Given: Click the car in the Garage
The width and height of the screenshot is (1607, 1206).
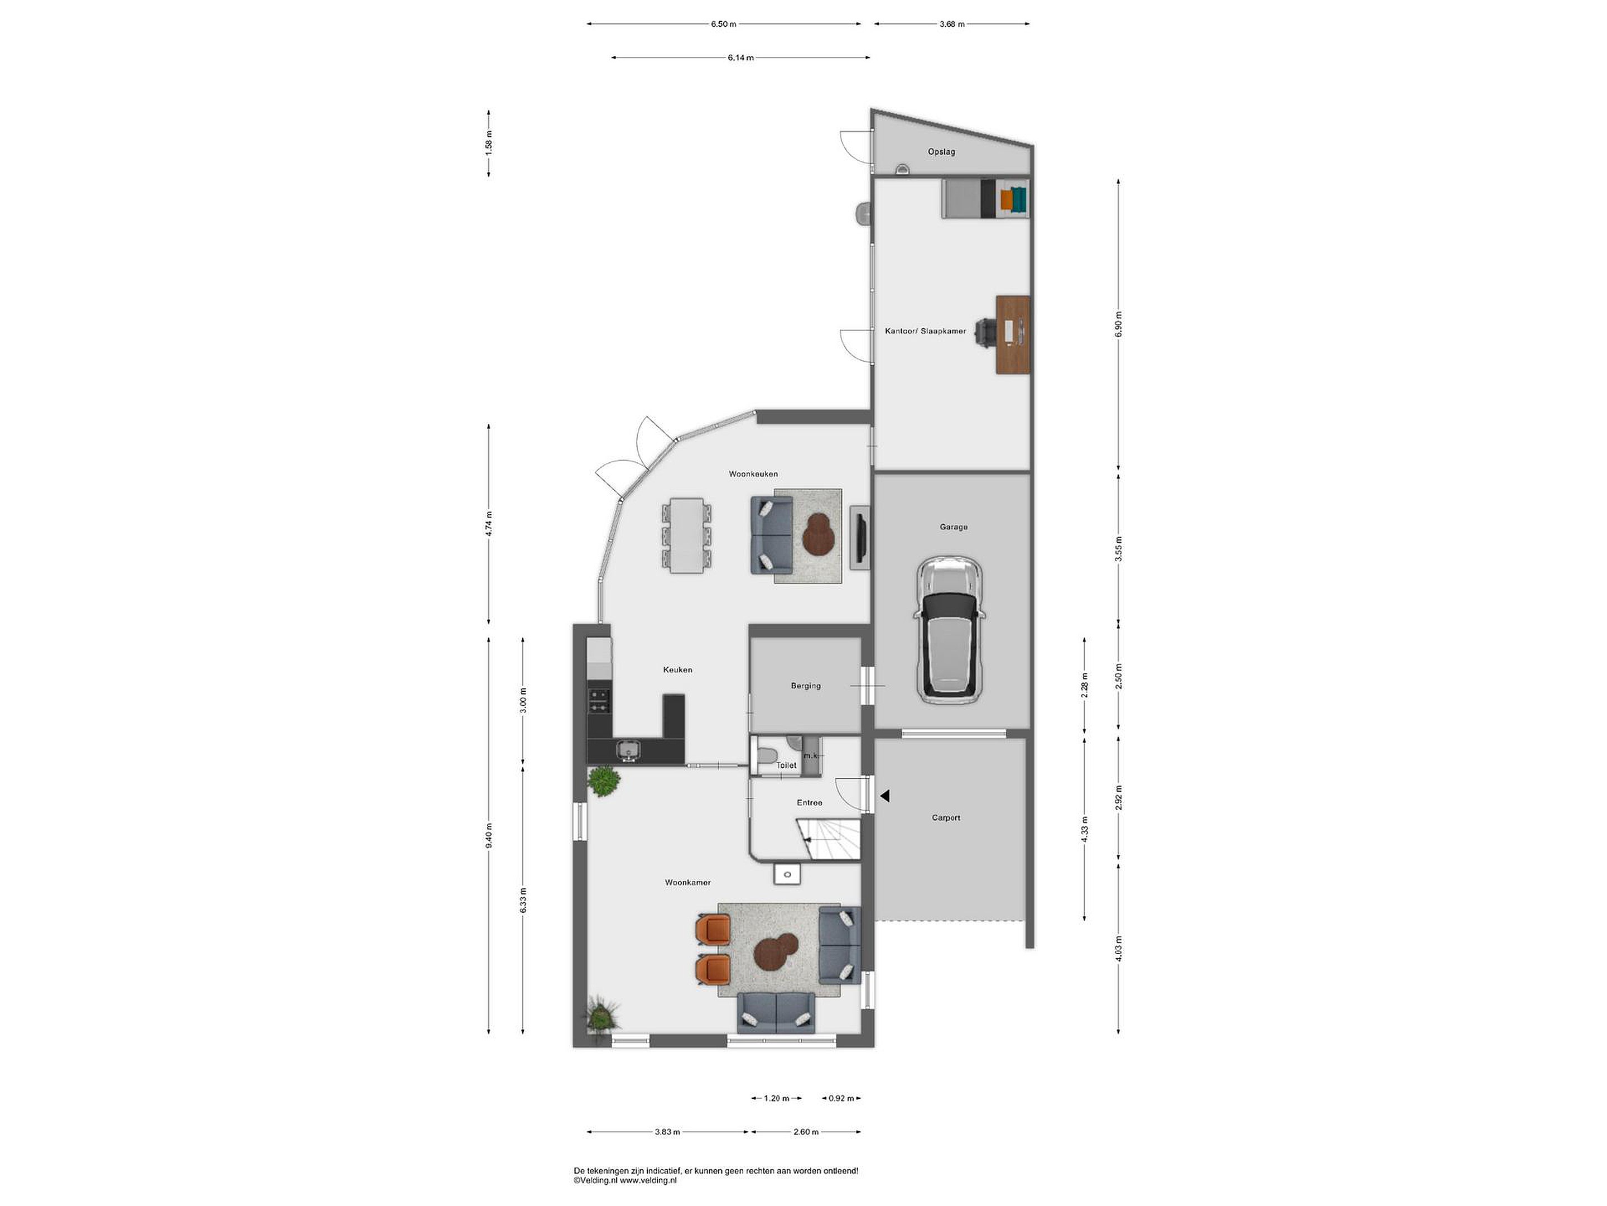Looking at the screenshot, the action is [x=950, y=630].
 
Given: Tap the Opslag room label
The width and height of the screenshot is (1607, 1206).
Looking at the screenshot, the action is [x=941, y=152].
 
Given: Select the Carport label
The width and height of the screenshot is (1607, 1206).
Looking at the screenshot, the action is [x=946, y=818].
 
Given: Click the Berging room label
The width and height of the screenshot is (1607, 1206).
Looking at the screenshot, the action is [x=806, y=686].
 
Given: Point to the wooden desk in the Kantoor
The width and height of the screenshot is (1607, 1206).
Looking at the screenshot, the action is [x=1013, y=334].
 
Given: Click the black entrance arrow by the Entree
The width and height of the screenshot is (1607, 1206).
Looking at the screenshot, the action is [x=885, y=796].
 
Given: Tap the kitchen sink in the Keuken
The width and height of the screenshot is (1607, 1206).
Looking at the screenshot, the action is [x=119, y=749].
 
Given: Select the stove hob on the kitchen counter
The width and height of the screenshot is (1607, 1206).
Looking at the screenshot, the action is [x=599, y=700].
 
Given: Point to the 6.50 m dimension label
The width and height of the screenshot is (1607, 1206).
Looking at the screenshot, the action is [x=724, y=24].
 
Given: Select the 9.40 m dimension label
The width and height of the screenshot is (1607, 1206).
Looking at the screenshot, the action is [x=489, y=835].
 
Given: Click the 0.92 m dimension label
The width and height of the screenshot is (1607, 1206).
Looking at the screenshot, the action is [x=841, y=1098].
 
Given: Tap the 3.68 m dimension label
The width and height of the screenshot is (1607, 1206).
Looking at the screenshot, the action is [x=952, y=24].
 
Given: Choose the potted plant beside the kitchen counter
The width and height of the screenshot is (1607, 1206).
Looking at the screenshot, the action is [x=604, y=782].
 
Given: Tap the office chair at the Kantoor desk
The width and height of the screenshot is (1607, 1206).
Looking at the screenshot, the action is [x=985, y=333].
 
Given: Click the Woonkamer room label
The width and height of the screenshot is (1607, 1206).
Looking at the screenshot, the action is [x=688, y=883].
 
